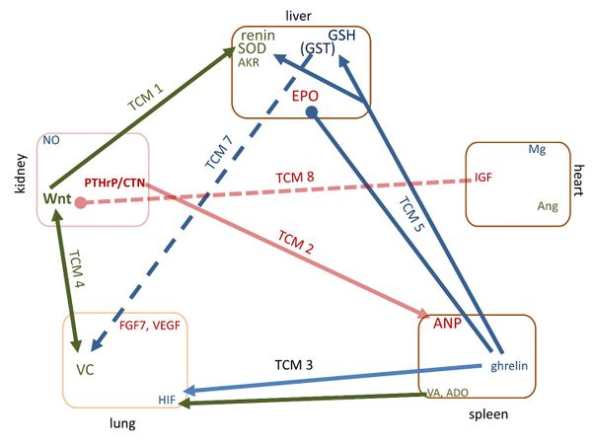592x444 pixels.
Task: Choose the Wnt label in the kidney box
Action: [56, 199]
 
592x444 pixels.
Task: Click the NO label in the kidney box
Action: [51, 141]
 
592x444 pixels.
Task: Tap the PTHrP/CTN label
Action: [115, 183]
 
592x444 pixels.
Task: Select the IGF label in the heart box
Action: [483, 178]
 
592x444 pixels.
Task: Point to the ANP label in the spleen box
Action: [448, 323]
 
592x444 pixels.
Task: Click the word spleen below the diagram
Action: [489, 415]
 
